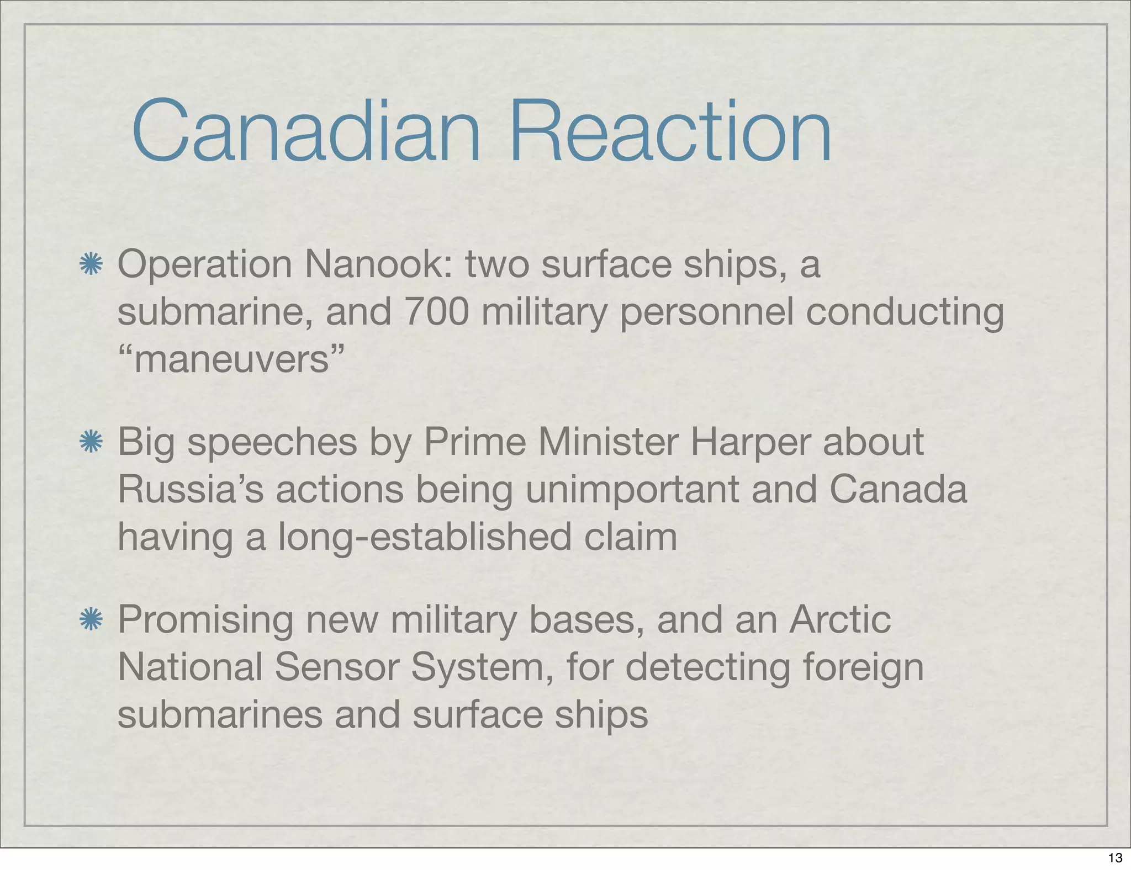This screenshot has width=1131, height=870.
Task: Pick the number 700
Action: pyautogui.click(x=436, y=312)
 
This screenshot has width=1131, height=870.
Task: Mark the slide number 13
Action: pyautogui.click(x=1115, y=858)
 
